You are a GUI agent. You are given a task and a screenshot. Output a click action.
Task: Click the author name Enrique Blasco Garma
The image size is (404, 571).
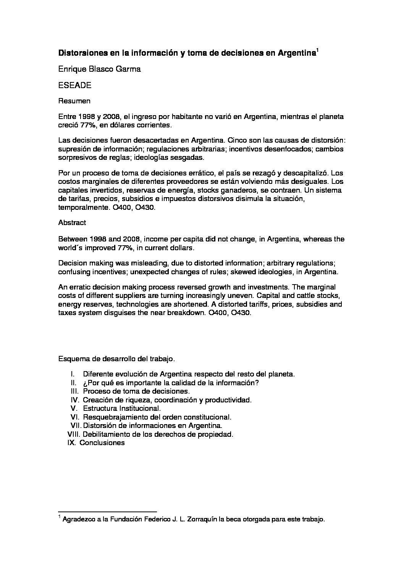100,69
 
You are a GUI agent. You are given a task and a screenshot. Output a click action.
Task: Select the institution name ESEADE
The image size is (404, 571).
75,86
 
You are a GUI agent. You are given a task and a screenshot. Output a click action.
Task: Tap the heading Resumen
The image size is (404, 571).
74,101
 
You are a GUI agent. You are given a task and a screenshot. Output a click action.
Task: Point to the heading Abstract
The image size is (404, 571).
72,222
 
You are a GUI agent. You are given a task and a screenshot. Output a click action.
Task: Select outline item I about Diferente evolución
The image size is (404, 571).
189,374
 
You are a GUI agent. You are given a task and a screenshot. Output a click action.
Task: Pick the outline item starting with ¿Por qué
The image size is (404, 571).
171,383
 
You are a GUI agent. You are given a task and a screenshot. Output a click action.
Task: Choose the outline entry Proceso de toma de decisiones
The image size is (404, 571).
136,391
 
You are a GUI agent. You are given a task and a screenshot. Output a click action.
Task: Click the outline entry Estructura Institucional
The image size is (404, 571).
124,409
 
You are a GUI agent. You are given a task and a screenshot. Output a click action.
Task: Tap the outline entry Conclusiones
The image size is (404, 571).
102,443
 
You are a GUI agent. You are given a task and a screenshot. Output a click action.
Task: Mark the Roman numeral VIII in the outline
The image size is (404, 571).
73,434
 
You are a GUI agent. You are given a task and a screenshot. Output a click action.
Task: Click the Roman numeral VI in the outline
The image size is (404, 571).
74,417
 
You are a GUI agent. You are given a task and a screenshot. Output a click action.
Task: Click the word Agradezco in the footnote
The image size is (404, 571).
79,520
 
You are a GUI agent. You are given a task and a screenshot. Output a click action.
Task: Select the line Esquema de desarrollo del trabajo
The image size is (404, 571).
116,359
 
